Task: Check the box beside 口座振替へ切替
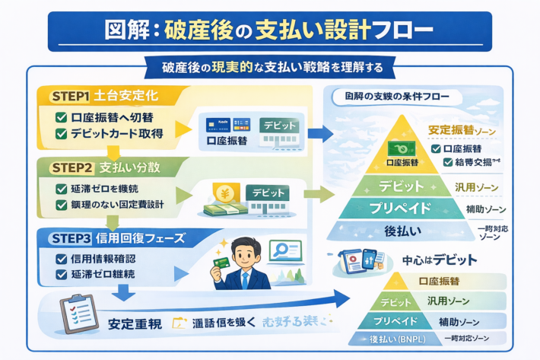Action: tap(62, 118)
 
